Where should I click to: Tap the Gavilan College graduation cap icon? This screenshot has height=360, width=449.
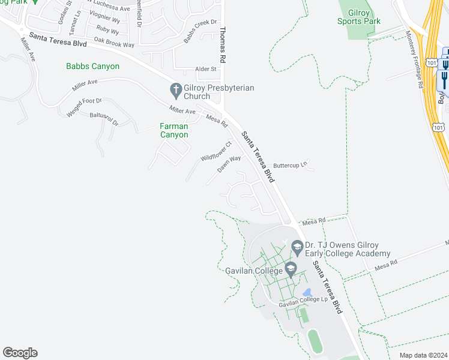pyautogui.click(x=291, y=268)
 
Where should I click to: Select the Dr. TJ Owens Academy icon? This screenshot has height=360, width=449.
pyautogui.click(x=297, y=246)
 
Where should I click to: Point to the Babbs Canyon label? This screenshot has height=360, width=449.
pyautogui.click(x=93, y=67)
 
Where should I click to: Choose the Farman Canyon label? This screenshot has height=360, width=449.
pyautogui.click(x=174, y=130)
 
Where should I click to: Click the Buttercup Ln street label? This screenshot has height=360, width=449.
pyautogui.click(x=291, y=164)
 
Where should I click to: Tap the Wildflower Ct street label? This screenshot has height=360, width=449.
pyautogui.click(x=216, y=151)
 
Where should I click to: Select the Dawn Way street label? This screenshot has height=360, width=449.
pyautogui.click(x=229, y=164)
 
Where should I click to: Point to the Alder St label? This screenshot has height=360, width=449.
pyautogui.click(x=197, y=70)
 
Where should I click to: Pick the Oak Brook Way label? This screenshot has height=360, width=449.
pyautogui.click(x=114, y=44)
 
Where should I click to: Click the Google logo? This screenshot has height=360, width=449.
pyautogui.click(x=20, y=353)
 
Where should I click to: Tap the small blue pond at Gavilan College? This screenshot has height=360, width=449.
pyautogui.click(x=308, y=292)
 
